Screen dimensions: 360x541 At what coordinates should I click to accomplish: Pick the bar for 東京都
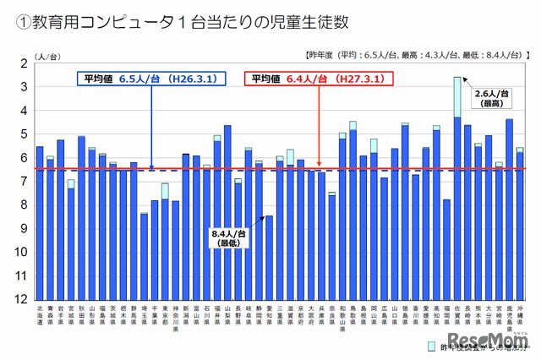pos(165,245)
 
